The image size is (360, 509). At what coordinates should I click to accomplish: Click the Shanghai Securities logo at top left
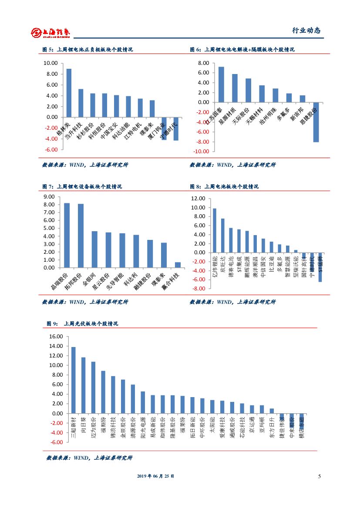coord(50,32)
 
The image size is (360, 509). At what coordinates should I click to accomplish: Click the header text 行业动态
coord(306,31)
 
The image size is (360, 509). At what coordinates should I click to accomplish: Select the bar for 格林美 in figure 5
coord(69,93)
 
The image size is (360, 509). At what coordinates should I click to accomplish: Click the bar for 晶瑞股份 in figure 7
coord(67,235)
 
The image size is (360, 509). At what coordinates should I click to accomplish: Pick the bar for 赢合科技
coord(177,265)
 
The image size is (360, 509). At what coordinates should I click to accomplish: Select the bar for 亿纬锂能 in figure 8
coord(214,230)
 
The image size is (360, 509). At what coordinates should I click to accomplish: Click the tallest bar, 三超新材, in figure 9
coord(73,380)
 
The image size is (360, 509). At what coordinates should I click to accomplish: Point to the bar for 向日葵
coord(83,385)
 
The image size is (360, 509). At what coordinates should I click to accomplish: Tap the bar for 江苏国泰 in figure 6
coord(221,84)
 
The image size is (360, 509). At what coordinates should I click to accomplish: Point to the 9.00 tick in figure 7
coord(49,197)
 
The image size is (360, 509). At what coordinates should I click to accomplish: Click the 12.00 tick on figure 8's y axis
coord(198,199)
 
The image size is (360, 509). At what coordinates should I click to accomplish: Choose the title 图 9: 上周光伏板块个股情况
coord(82,324)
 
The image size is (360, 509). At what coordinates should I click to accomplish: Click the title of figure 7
coord(82,186)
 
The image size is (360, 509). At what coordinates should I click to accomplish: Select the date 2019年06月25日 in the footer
coord(155,476)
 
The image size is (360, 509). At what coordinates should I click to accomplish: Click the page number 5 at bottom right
coord(320,476)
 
